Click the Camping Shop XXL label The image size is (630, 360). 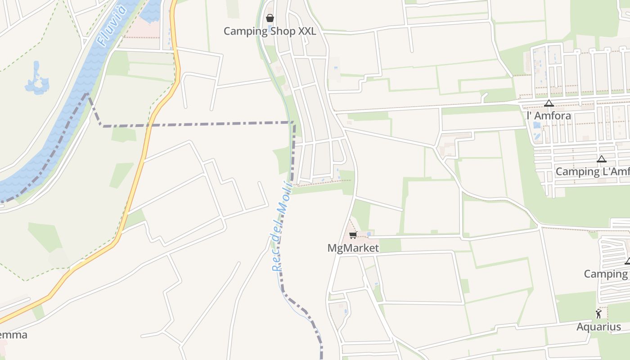pyautogui.click(x=270, y=31)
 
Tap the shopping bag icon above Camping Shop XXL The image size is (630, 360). pyautogui.click(x=270, y=18)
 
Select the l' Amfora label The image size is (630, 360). pyautogui.click(x=549, y=116)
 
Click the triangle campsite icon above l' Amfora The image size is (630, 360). pyautogui.click(x=549, y=103)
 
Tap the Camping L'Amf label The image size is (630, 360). pyautogui.click(x=592, y=171)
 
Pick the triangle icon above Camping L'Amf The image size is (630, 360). pyautogui.click(x=601, y=159)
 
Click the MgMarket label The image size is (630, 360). pyautogui.click(x=353, y=248)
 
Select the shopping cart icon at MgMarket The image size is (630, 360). pyautogui.click(x=353, y=235)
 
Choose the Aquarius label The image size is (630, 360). pyautogui.click(x=598, y=327)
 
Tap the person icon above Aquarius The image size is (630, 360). pyautogui.click(x=598, y=314)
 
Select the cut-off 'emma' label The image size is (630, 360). pyautogui.click(x=13, y=335)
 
